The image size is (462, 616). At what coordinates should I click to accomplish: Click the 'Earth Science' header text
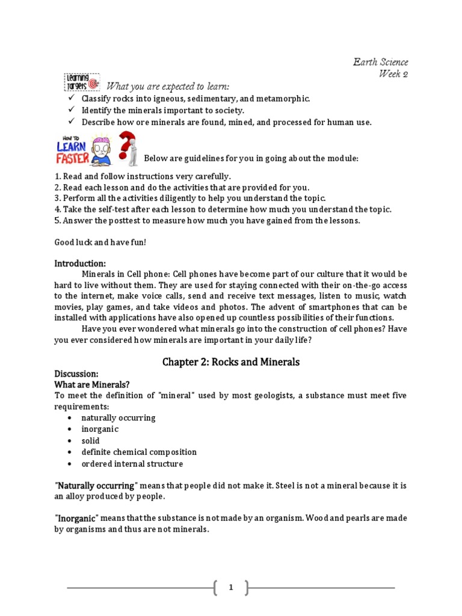point(380,62)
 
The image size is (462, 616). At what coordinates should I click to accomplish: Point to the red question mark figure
point(128,148)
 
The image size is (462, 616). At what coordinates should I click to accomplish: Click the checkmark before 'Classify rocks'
point(70,98)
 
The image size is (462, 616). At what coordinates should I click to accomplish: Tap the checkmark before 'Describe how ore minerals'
point(70,122)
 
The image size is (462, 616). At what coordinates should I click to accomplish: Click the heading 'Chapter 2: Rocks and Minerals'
point(231,362)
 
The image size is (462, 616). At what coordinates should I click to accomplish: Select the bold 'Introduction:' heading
point(80,263)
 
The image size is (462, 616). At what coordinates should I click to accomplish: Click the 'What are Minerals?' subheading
point(92,384)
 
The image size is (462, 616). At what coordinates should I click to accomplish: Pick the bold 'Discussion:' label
point(76,374)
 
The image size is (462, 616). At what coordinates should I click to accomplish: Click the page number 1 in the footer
point(230,588)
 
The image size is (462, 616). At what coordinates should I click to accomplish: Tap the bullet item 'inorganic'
point(100,429)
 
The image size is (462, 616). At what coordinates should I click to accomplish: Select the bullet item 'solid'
point(91,440)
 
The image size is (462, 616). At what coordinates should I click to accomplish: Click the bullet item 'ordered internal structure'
point(132,464)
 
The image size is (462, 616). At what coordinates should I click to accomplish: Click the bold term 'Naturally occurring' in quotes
point(96,485)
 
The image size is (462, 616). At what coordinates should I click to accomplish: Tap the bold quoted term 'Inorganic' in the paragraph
point(77,518)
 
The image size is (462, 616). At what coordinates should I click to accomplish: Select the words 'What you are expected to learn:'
point(168,87)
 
